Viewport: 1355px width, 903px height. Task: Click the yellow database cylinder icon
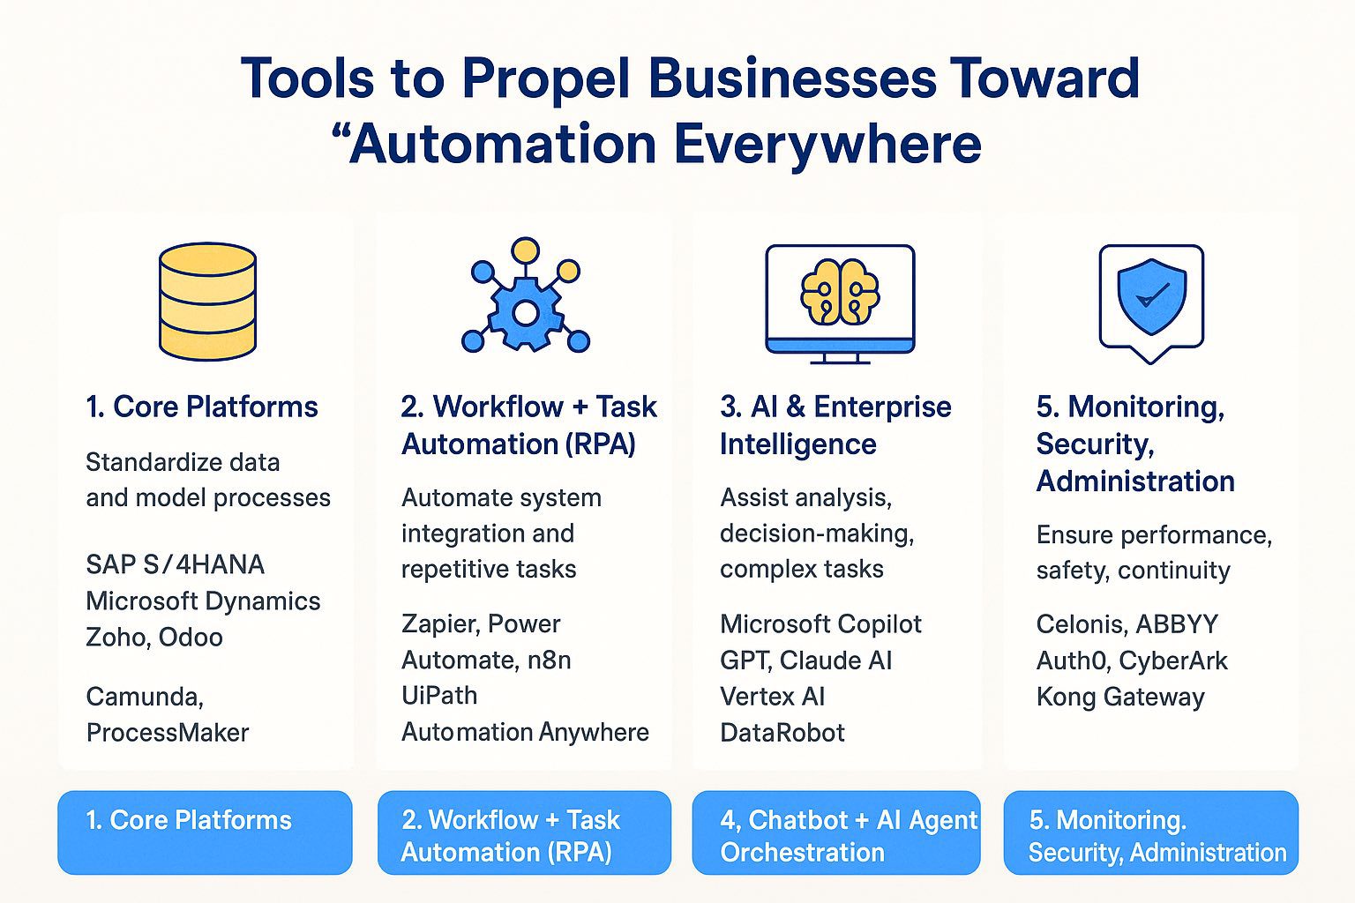208,302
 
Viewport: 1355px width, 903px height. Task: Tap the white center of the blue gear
526,313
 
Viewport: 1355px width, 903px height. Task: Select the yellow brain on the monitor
840,293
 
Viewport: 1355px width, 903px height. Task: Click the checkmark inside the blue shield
1152,295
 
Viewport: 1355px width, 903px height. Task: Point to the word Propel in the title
545,78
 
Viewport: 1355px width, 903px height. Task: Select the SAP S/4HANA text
175,564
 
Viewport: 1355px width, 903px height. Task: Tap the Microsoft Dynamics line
203,601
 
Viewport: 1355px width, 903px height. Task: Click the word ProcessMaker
168,733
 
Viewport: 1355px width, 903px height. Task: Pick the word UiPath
439,696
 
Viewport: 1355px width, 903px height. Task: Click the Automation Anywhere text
525,732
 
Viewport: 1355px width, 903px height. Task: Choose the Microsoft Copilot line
820,624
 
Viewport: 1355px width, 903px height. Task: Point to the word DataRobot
782,733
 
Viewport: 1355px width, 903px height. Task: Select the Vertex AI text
773,697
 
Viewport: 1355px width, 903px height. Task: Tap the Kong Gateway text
1120,697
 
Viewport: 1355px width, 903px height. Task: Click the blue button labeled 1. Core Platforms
205,832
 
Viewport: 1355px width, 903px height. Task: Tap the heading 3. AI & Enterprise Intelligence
835,425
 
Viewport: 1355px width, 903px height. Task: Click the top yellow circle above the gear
525,250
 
